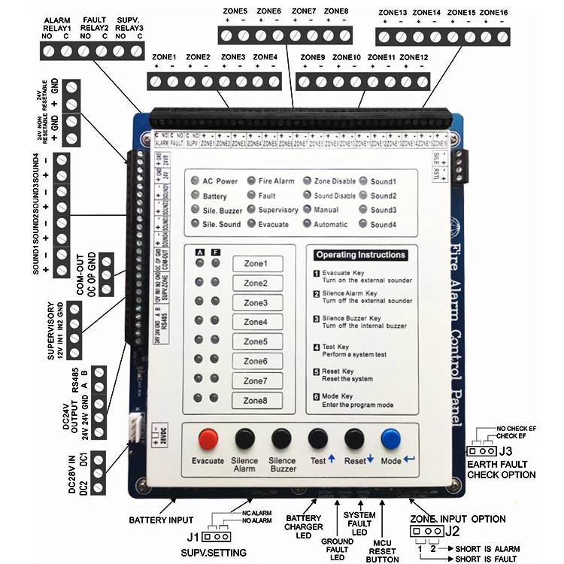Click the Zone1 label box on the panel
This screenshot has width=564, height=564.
tap(256, 264)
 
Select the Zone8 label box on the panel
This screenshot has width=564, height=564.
tap(256, 401)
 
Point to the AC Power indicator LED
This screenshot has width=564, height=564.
tap(196, 181)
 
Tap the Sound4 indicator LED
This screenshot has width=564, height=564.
tap(363, 224)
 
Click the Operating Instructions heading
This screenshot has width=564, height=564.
tap(360, 255)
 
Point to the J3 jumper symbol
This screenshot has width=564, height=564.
tap(479, 451)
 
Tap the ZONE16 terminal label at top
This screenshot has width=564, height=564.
tap(493, 13)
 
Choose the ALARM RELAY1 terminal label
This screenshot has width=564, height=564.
tap(56, 25)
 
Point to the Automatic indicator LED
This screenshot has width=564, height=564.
tap(308, 224)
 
